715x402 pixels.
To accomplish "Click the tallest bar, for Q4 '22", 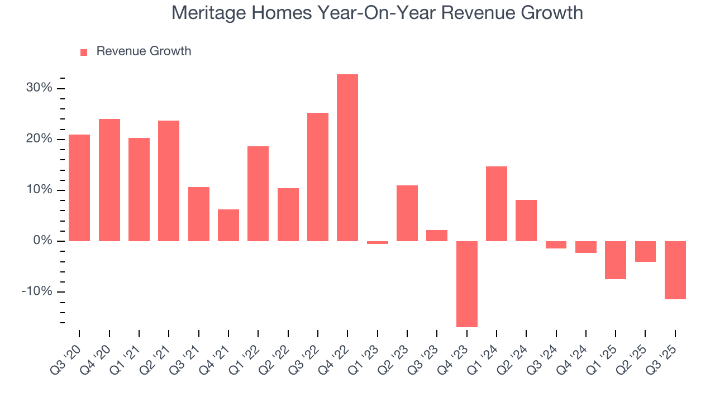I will click(x=347, y=157).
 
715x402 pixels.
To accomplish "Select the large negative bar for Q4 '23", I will click(x=467, y=284).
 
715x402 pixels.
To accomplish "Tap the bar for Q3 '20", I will click(x=79, y=188).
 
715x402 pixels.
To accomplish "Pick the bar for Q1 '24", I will click(x=497, y=204).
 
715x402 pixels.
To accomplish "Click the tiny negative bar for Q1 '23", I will click(x=378, y=243).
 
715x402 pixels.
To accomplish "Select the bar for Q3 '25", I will click(x=675, y=270).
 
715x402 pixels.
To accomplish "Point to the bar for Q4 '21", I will click(x=228, y=225).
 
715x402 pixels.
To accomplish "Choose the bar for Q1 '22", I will click(x=258, y=194).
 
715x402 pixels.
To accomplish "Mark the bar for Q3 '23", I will click(x=437, y=236).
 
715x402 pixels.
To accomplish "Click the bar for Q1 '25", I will click(x=616, y=260).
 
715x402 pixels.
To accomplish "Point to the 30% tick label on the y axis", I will click(x=39, y=88).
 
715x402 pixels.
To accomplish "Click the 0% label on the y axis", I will click(x=42, y=241).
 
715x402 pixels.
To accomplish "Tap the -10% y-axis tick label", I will click(x=36, y=292).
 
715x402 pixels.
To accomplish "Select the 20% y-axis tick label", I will click(x=39, y=139).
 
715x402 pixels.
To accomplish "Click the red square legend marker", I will click(x=84, y=52).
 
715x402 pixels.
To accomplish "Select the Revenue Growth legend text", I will click(x=144, y=51).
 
